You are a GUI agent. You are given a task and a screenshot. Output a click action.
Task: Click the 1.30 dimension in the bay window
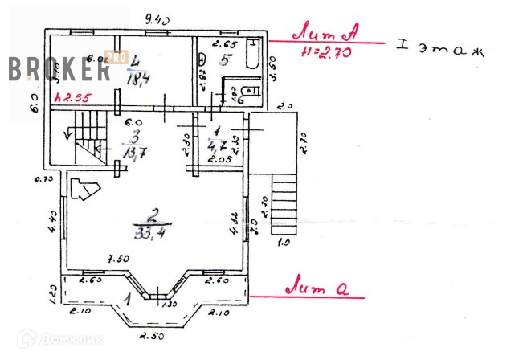170,305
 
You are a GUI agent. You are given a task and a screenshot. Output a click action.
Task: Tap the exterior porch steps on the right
285,204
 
